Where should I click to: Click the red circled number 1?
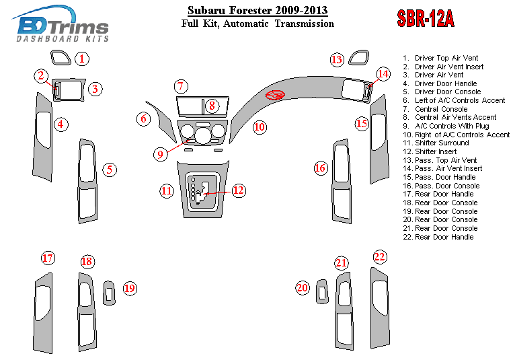pyautogui.click(x=82, y=59)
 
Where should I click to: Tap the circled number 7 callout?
pyautogui.click(x=180, y=87)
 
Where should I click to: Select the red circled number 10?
pyautogui.click(x=260, y=127)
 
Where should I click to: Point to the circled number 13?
pyautogui.click(x=337, y=60)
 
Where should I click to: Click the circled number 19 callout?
pyautogui.click(x=129, y=289)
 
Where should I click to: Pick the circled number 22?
pyautogui.click(x=380, y=257)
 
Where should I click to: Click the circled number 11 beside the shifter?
pyautogui.click(x=167, y=190)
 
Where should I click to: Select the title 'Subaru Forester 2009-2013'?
pyautogui.click(x=258, y=10)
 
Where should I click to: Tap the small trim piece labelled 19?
pyautogui.click(x=109, y=292)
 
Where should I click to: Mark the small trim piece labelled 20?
pyautogui.click(x=321, y=291)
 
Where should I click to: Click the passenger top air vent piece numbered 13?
pyautogui.click(x=358, y=59)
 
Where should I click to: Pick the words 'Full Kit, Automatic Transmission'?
pyautogui.click(x=258, y=24)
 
